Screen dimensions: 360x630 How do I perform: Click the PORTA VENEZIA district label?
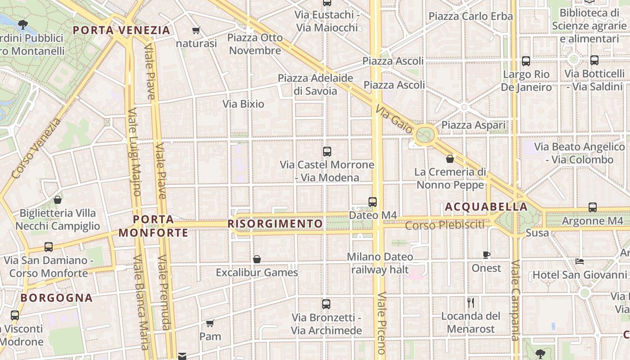click(121, 31)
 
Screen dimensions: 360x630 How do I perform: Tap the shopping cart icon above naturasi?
click(196, 31)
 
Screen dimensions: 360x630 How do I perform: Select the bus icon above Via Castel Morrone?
click(327, 152)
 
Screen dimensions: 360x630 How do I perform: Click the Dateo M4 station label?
click(373, 216)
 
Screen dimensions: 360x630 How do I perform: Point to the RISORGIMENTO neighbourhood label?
click(275, 224)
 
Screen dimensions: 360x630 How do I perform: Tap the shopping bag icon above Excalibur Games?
click(257, 259)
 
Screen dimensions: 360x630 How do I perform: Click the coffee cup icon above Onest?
click(486, 255)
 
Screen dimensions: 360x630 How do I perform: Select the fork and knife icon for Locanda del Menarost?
click(471, 302)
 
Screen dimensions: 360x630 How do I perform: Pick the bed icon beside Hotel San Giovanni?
click(580, 261)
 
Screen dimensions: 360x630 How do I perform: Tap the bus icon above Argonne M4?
click(593, 207)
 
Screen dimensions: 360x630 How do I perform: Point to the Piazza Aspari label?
click(473, 125)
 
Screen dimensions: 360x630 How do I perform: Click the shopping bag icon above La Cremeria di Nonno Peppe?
click(450, 159)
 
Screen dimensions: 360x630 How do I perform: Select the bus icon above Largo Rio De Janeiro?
click(526, 61)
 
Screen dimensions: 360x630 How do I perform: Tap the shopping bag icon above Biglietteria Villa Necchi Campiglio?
click(58, 200)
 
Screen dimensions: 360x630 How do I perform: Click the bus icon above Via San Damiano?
click(49, 247)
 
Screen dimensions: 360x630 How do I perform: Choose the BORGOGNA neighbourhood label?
click(57, 298)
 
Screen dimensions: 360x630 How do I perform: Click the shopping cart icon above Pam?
click(210, 323)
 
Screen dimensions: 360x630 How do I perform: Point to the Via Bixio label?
click(243, 104)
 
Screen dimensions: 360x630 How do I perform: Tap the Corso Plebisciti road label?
click(445, 225)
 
